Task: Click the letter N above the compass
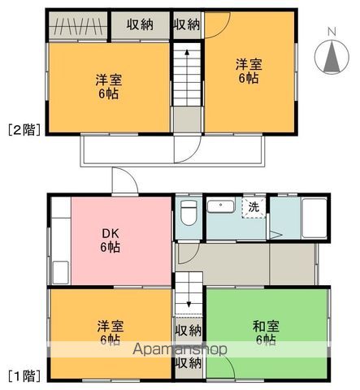pos(331,32)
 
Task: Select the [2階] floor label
pos(24,128)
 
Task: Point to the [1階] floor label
pos(24,375)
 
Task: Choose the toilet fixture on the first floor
pos(189,214)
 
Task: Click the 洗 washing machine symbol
pos(254,207)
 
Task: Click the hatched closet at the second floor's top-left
pos(78,25)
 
